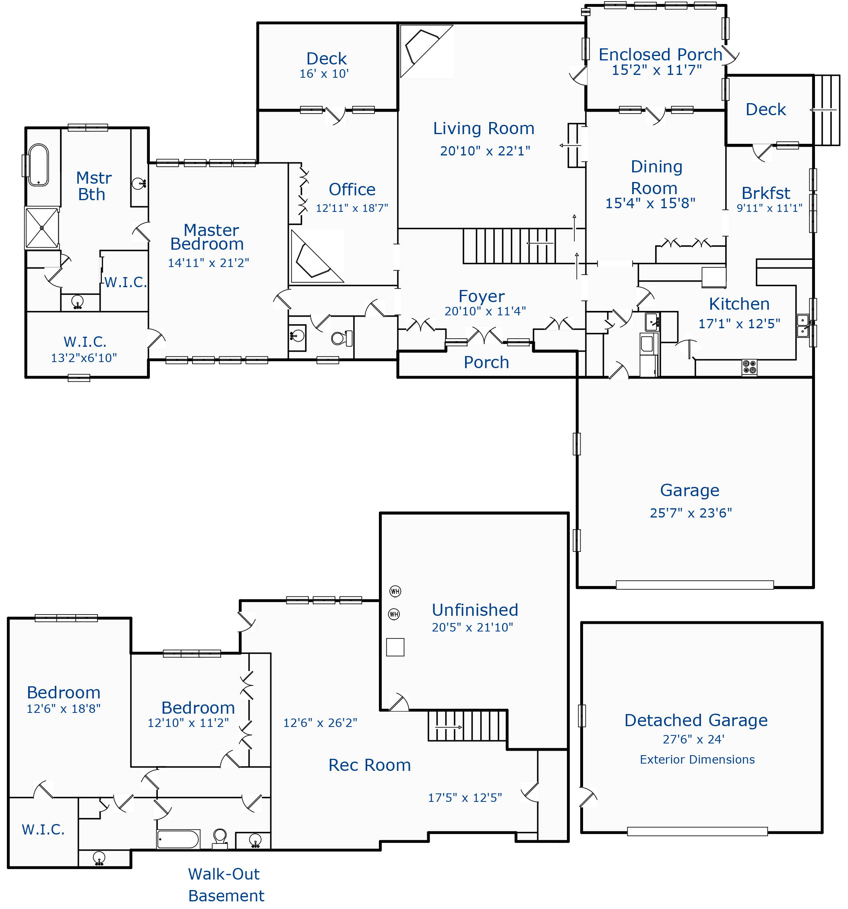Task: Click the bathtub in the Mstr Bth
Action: click(x=38, y=165)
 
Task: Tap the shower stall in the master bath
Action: click(x=42, y=228)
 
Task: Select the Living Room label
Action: click(x=484, y=128)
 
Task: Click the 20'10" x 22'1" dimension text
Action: click(x=485, y=151)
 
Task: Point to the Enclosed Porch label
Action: click(x=660, y=54)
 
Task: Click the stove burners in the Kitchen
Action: click(x=749, y=367)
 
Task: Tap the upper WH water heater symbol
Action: click(x=395, y=591)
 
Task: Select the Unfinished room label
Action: click(x=475, y=610)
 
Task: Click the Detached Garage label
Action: click(x=696, y=720)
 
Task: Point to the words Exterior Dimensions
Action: click(x=697, y=760)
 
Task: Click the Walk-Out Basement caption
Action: click(x=226, y=885)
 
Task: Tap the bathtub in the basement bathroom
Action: click(x=178, y=839)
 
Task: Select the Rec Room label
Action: click(x=369, y=765)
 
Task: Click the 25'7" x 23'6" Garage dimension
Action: click(x=691, y=513)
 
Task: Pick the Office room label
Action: click(x=352, y=189)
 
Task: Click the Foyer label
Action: click(x=481, y=296)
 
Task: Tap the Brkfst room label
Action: click(x=766, y=193)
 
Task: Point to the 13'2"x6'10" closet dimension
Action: click(x=84, y=358)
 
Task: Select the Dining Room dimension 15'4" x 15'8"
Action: click(x=650, y=203)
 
